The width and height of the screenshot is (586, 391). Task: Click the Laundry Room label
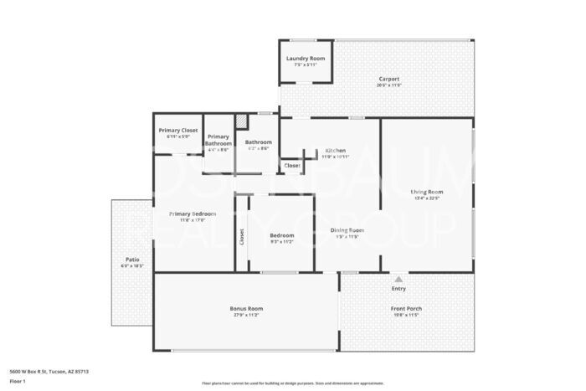click(x=306, y=58)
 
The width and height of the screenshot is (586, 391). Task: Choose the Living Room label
click(x=427, y=192)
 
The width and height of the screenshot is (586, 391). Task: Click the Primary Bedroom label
click(x=193, y=214)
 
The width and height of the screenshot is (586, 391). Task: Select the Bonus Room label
click(x=246, y=308)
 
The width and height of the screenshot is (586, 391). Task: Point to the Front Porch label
click(x=406, y=308)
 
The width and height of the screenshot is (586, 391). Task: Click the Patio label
click(x=132, y=260)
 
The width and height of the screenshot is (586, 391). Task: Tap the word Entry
click(x=398, y=289)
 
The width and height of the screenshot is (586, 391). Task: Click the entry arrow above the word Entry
click(x=398, y=279)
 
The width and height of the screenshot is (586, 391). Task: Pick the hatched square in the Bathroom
click(x=241, y=122)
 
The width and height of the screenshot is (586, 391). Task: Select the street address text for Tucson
click(x=49, y=370)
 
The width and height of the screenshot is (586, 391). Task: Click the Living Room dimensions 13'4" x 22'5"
click(x=427, y=198)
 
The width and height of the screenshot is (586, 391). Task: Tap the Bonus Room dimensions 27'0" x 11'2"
click(x=246, y=315)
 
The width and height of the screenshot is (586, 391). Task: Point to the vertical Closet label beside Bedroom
click(x=242, y=237)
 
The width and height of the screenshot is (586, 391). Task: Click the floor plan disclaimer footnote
click(x=293, y=383)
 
